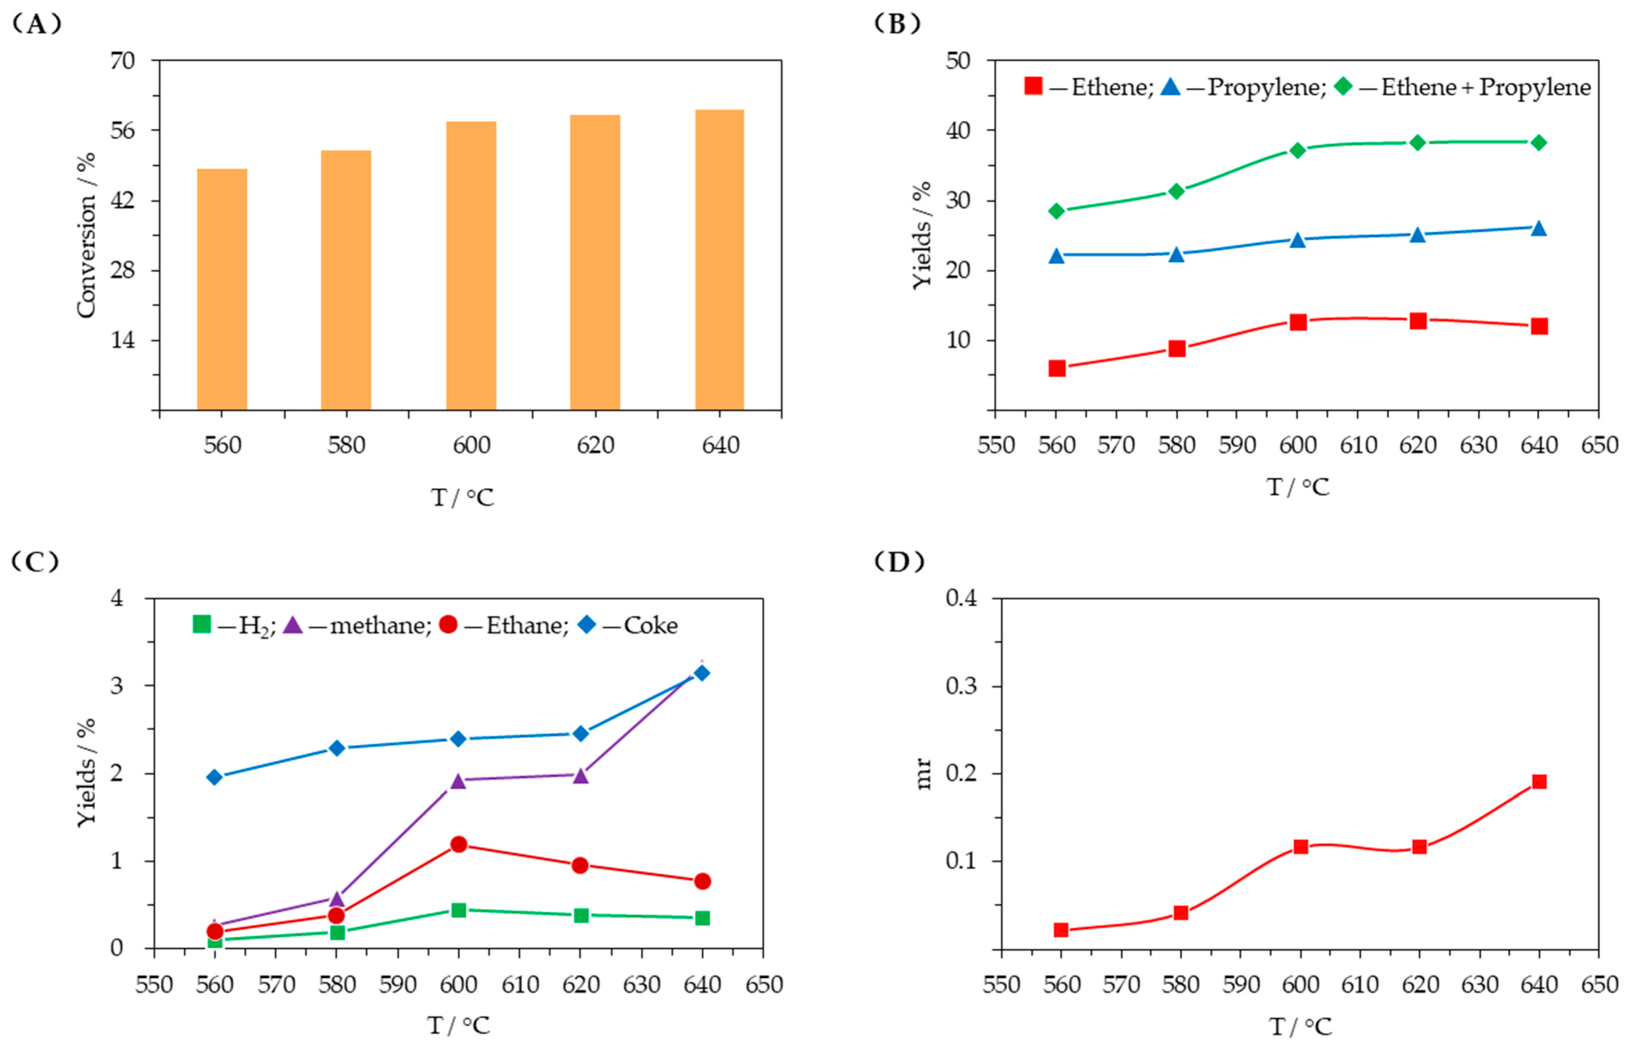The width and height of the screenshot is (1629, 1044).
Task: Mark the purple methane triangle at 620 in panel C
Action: [x=580, y=775]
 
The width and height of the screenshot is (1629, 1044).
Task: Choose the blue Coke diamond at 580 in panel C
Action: [x=337, y=748]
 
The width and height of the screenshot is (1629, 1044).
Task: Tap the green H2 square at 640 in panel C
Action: [x=702, y=918]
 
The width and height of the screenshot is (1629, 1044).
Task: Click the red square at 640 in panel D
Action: [x=1539, y=782]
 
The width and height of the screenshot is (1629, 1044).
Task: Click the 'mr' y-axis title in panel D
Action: [x=923, y=774]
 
